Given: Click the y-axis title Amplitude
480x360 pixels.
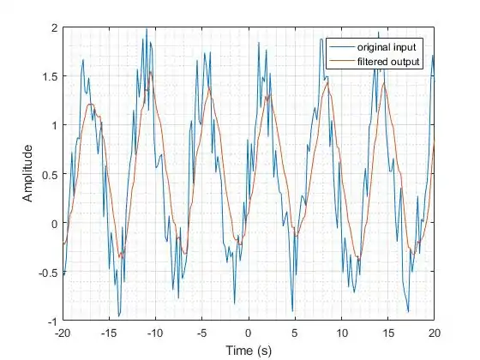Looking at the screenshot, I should (x=28, y=173).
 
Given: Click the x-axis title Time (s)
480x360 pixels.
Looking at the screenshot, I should (x=249, y=350).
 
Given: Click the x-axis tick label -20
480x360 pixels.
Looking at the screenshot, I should (x=62, y=333).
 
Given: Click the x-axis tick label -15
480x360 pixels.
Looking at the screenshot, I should (x=108, y=333).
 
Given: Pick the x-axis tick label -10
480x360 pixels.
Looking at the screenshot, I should (x=154, y=333).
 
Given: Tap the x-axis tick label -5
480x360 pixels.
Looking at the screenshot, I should (x=201, y=333).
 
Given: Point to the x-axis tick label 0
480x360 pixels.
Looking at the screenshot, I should (x=249, y=333).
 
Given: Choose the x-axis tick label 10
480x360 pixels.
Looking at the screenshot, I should (x=341, y=333).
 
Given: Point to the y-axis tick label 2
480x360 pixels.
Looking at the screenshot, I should (x=54, y=27).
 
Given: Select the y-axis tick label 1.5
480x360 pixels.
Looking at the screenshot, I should (x=49, y=76).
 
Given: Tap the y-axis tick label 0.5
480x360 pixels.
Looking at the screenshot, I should (x=49, y=174).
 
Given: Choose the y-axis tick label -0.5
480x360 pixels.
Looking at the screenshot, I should (x=47, y=272).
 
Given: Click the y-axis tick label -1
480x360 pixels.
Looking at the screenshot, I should (x=51, y=321).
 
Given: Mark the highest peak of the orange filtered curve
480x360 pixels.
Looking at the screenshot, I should (x=152, y=72).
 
